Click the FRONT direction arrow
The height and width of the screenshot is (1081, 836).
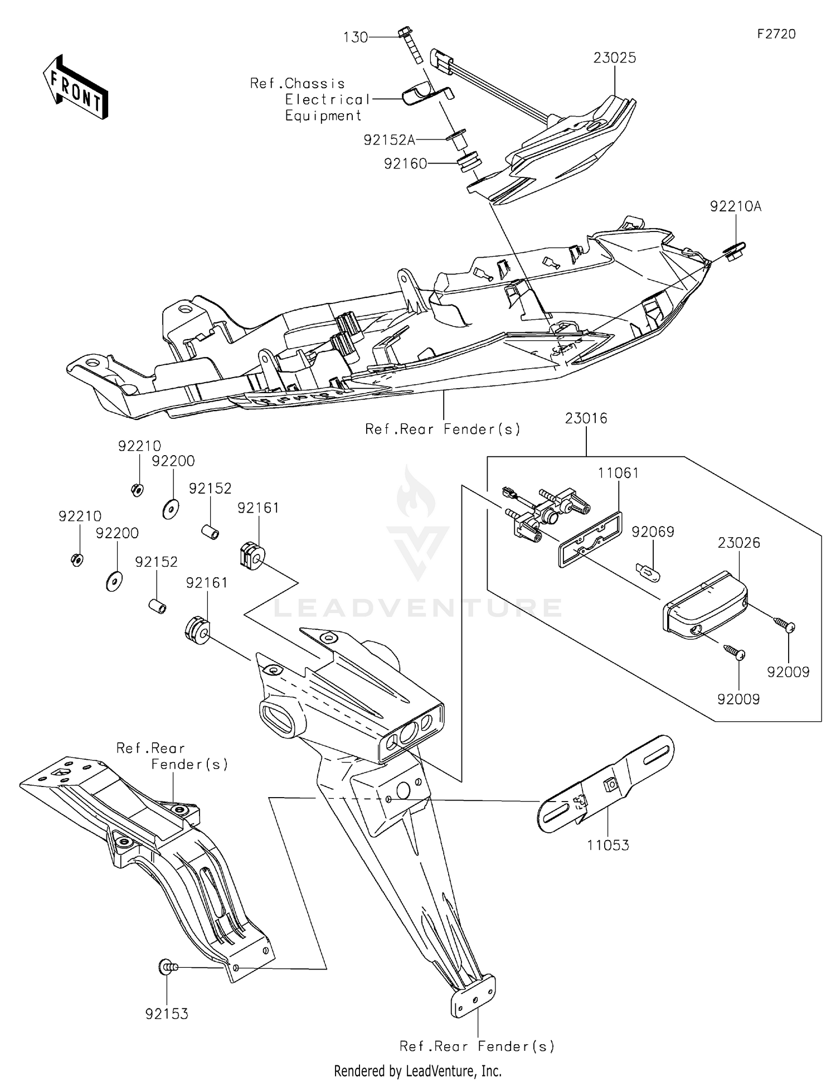click(75, 87)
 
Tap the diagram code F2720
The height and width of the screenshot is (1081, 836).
click(776, 34)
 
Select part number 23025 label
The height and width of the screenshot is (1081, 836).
click(614, 58)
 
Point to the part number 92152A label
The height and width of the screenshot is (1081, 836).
click(389, 140)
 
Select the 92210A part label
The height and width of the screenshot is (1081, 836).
click(736, 206)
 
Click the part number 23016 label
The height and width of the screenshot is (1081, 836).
click(586, 418)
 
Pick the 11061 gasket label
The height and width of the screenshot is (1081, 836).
click(618, 473)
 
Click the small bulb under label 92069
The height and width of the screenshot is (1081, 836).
click(648, 572)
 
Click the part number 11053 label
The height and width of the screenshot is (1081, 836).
click(608, 845)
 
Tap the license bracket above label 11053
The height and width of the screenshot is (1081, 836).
click(607, 784)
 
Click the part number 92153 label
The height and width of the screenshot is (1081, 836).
click(167, 1014)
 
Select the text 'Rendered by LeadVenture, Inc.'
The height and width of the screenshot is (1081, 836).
click(417, 1070)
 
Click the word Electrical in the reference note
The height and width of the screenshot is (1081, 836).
click(327, 100)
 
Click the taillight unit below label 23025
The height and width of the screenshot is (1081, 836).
click(563, 151)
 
